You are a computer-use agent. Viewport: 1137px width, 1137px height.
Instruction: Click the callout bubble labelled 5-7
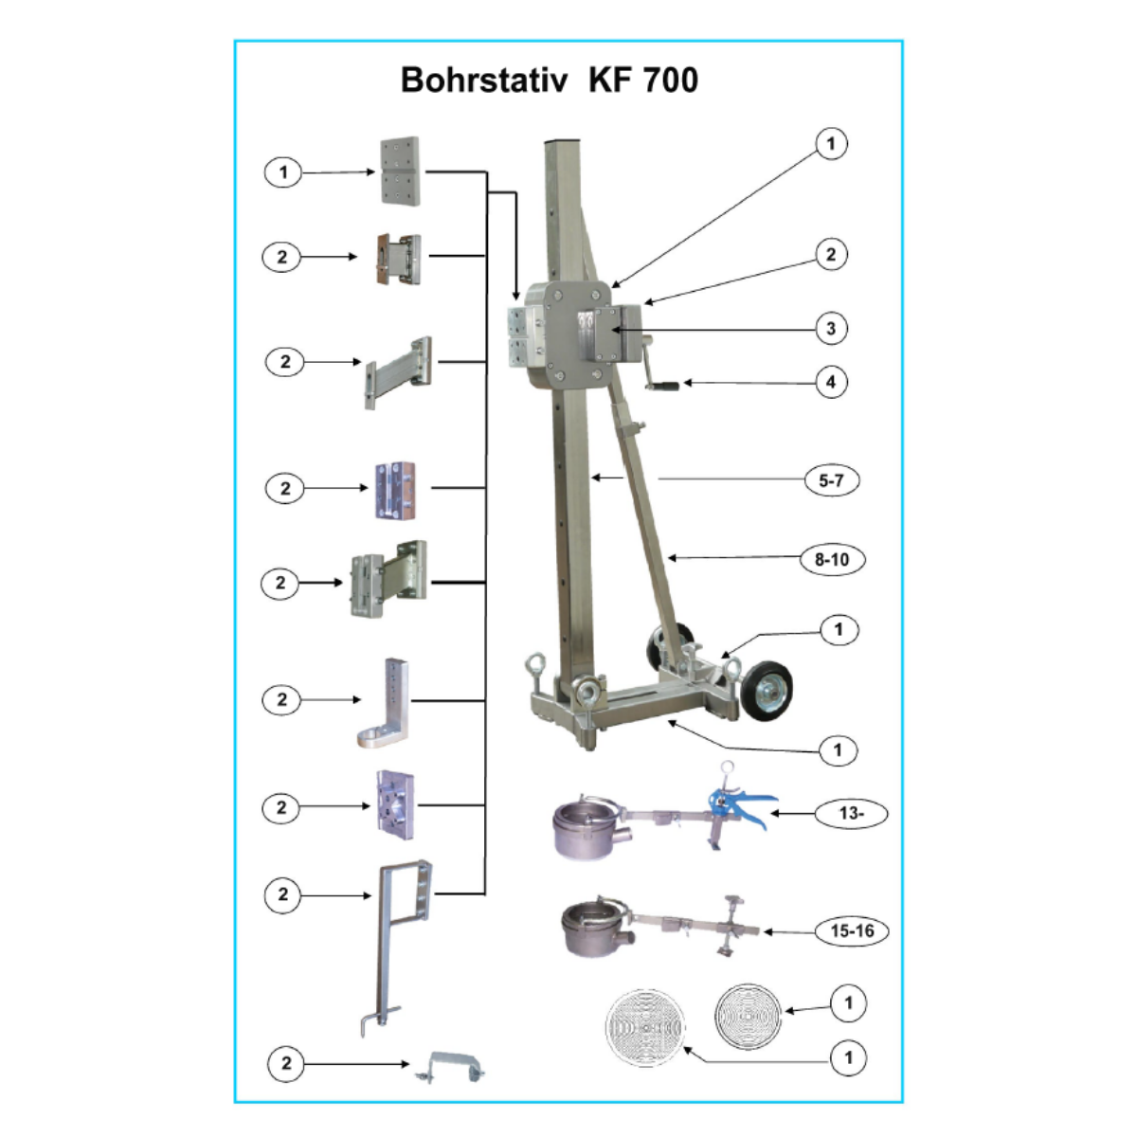[x=831, y=480]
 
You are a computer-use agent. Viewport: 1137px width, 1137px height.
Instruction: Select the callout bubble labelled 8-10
[x=832, y=559]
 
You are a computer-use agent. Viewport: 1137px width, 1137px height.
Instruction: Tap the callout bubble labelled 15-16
[x=852, y=931]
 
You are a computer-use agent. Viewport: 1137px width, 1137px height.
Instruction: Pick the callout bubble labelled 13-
[x=851, y=813]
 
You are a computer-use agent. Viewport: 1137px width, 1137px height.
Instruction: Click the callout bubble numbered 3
[x=831, y=328]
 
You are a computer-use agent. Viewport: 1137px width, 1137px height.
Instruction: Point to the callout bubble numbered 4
[x=831, y=382]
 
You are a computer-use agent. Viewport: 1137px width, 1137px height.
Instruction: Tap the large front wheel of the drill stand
[x=767, y=689]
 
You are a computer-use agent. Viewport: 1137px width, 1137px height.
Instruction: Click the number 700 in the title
[x=670, y=80]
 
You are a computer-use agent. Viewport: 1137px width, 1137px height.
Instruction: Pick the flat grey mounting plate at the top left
[x=400, y=171]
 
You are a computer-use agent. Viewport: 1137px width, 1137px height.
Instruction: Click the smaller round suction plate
[x=748, y=1017]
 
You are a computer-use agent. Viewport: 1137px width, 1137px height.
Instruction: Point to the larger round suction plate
[x=645, y=1027]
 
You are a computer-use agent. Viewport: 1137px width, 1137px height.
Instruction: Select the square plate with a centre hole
[x=395, y=804]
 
